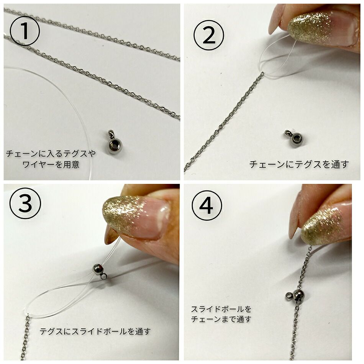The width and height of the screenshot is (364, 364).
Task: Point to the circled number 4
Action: (x=207, y=207)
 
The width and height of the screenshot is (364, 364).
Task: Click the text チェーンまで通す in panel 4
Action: (x=221, y=319)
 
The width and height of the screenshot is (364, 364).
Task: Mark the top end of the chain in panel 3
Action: (x=28, y=318)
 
